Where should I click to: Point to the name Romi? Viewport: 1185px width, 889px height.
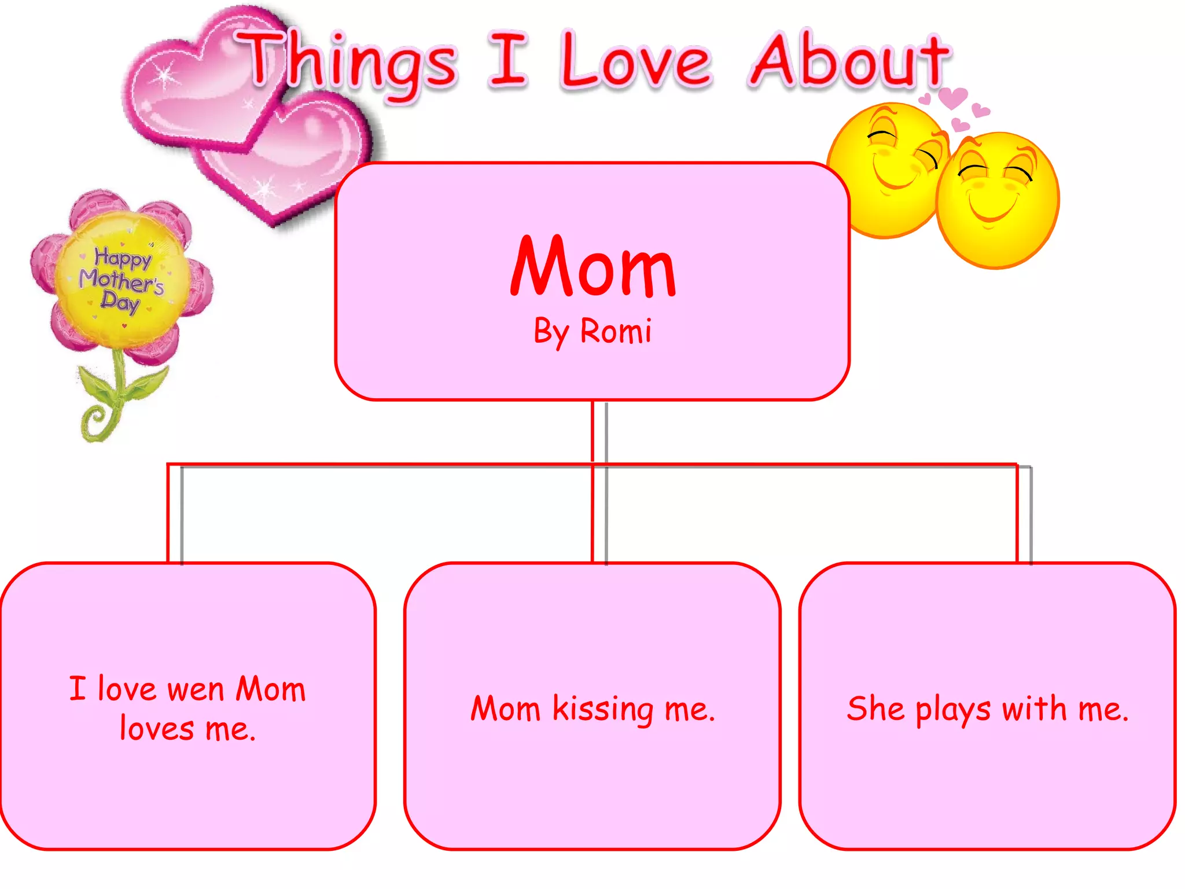(x=616, y=332)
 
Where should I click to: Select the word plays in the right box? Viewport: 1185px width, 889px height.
(x=952, y=710)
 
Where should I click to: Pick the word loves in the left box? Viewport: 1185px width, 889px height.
(x=156, y=729)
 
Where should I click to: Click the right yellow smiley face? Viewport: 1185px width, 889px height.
(x=996, y=200)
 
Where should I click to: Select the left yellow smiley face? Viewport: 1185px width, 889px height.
(x=885, y=168)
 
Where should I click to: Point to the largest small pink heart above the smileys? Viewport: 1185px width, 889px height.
(x=952, y=97)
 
